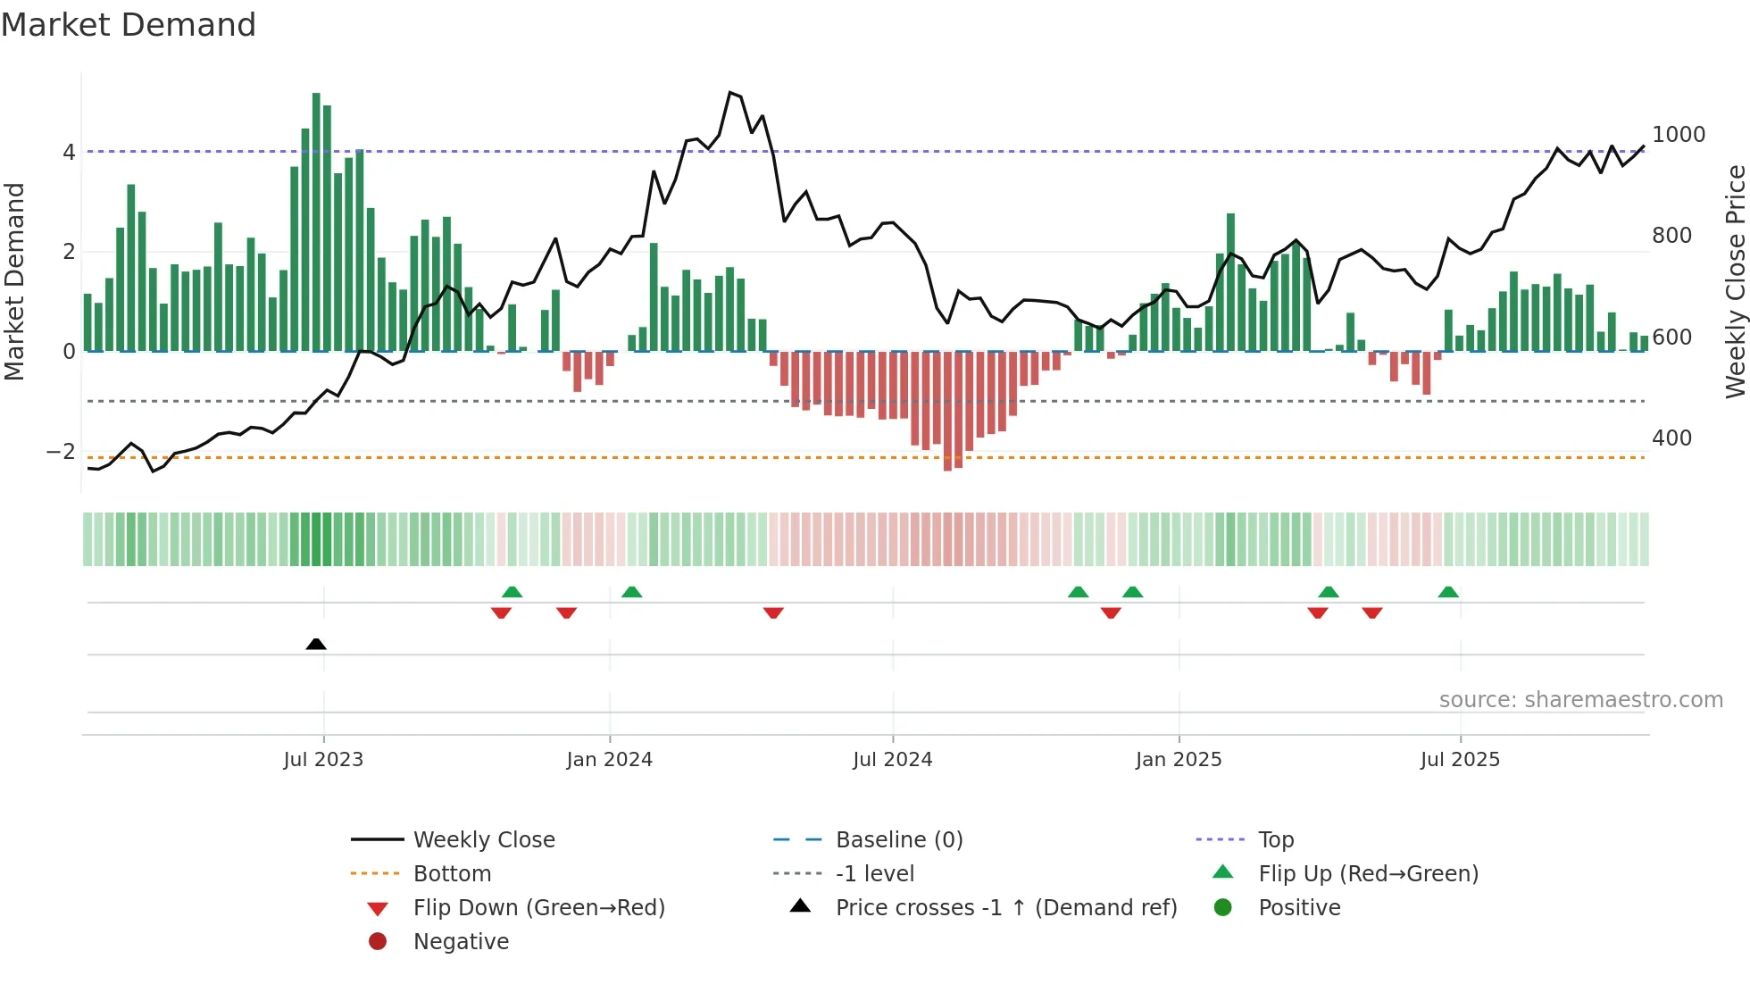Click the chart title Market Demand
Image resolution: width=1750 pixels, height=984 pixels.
click(x=129, y=25)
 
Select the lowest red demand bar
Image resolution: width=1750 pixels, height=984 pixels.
click(x=947, y=411)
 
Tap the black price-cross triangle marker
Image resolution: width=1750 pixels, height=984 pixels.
click(x=316, y=644)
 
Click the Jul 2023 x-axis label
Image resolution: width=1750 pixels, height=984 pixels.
click(x=323, y=760)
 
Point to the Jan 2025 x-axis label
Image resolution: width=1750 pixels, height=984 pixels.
click(x=1179, y=760)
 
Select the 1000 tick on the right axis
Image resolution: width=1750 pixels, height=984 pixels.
click(x=1679, y=135)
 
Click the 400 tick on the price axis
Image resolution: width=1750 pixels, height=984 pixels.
click(x=1671, y=438)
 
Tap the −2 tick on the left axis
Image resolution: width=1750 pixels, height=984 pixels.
click(x=61, y=452)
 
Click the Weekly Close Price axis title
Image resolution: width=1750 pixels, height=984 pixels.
click(x=1735, y=281)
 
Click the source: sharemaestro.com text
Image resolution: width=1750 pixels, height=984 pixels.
click(x=1580, y=700)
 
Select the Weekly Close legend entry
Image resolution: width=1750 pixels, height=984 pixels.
click(x=483, y=840)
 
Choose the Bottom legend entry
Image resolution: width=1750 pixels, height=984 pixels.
click(x=452, y=874)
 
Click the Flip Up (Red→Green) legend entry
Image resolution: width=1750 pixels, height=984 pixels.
click(x=1368, y=874)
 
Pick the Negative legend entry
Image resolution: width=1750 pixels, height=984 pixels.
click(x=461, y=942)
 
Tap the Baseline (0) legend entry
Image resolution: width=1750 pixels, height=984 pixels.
click(x=898, y=840)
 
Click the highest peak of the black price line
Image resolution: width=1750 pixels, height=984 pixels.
click(x=730, y=93)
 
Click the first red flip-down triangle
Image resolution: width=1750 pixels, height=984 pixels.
click(x=501, y=613)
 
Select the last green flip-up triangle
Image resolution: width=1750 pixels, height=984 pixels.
click(x=1448, y=592)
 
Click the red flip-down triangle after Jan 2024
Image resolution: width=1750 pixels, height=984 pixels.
click(x=773, y=613)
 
